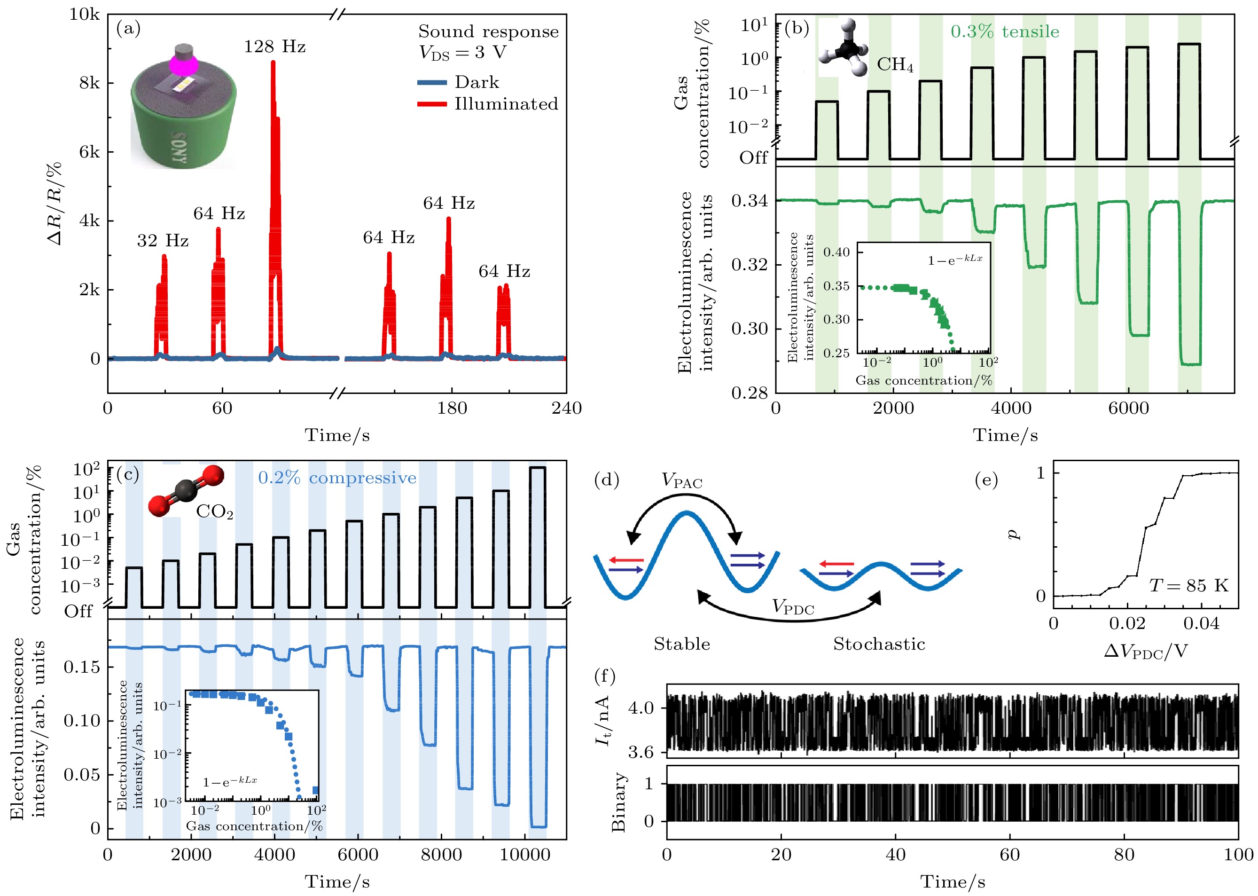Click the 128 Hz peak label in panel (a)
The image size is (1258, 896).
click(274, 47)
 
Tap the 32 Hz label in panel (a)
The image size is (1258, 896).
click(163, 241)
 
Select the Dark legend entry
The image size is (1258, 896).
click(477, 83)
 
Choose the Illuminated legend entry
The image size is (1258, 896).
click(506, 104)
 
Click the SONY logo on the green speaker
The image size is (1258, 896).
click(180, 148)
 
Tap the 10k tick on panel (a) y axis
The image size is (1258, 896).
click(85, 15)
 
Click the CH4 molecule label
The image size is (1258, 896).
click(895, 65)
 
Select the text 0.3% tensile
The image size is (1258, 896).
click(1004, 31)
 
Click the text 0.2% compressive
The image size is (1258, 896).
click(337, 478)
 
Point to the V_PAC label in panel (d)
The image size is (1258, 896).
click(682, 481)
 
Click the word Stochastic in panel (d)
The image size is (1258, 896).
click(879, 644)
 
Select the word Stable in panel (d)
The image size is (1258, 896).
click(682, 644)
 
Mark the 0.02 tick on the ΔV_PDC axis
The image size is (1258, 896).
click(1127, 624)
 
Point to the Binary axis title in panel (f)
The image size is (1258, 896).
click(619, 802)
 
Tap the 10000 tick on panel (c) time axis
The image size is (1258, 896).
click(524, 855)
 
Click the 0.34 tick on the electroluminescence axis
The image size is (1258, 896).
click(749, 201)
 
